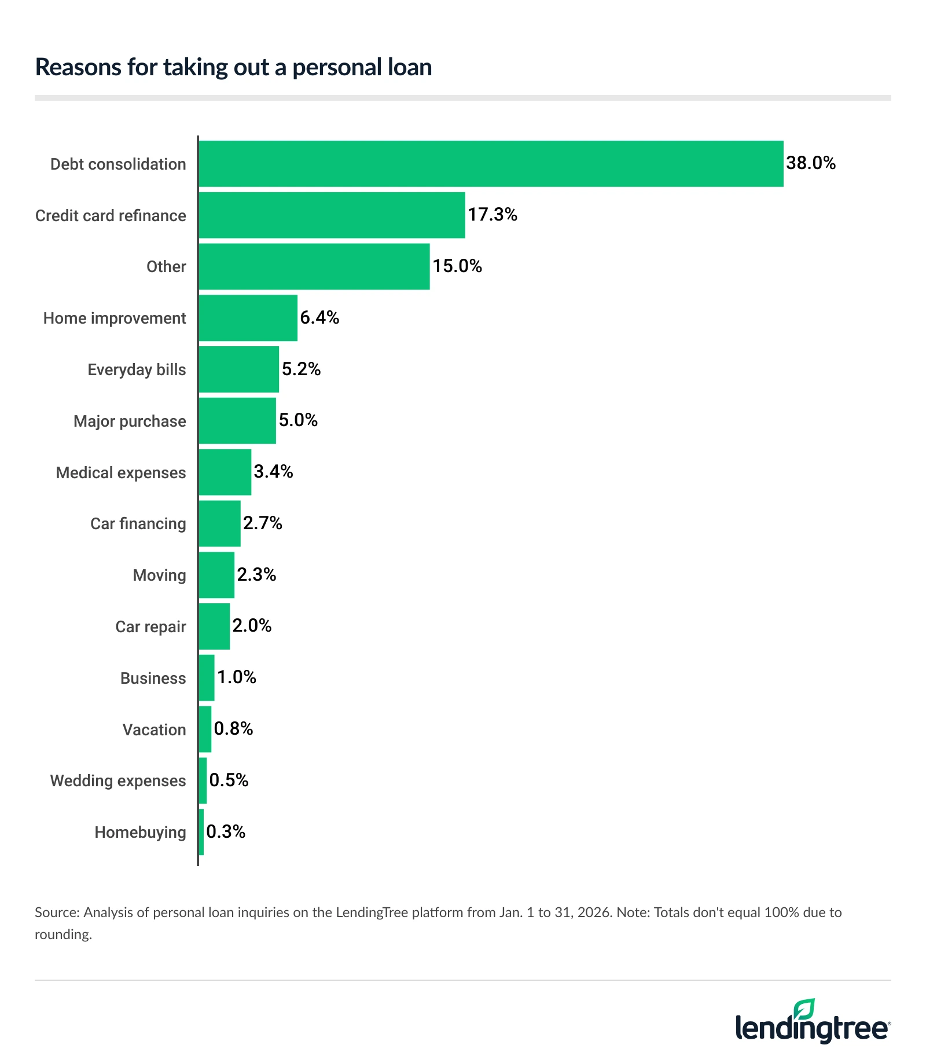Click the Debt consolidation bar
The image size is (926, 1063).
click(x=491, y=164)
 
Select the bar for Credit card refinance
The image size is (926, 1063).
click(x=332, y=215)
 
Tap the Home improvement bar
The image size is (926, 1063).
click(x=248, y=318)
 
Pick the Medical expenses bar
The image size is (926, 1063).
click(x=225, y=472)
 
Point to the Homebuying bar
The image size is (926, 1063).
click(x=201, y=832)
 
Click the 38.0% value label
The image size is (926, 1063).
click(x=810, y=163)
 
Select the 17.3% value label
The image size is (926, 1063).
click(x=492, y=215)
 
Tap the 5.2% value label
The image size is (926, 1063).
click(x=301, y=369)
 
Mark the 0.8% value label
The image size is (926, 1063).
click(x=233, y=728)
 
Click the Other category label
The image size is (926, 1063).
click(x=166, y=267)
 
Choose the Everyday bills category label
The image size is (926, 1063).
click(x=137, y=369)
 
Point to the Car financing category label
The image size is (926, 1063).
click(x=138, y=523)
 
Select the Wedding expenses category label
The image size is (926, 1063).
click(x=118, y=780)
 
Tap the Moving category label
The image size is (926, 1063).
click(x=159, y=575)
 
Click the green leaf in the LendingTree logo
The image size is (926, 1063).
click(x=804, y=1009)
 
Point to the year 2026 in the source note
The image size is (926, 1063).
click(x=594, y=912)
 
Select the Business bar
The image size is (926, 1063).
click(x=206, y=678)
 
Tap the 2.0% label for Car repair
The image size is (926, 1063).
click(x=252, y=625)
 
